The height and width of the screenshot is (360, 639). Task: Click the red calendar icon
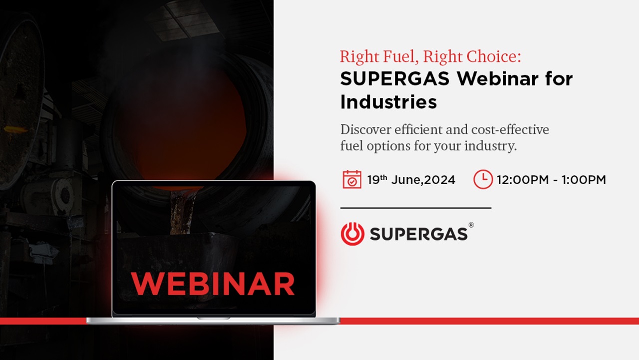coord(352,179)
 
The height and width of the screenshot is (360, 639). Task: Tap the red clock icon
coord(483,179)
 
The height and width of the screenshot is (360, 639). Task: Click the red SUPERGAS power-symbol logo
coord(352,234)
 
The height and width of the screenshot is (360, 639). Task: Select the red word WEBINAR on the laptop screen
coord(213,284)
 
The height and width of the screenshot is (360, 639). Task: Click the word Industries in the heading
coord(388,102)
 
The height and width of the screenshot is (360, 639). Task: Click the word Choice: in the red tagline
coord(494,56)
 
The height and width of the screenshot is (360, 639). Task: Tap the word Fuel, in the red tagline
coord(401,57)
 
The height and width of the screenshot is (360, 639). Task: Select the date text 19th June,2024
coord(411,180)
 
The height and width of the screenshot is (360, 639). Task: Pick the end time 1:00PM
coord(584,180)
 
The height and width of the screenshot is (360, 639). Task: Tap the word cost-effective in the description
coord(510,129)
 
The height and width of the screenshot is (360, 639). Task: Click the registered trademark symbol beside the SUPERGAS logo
coord(471,225)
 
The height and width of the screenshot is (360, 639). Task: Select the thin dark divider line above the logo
coord(416,208)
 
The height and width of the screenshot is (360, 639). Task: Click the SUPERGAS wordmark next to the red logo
coord(418,234)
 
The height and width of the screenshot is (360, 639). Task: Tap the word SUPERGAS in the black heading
coord(395,78)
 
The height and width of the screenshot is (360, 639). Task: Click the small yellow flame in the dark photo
coord(16,130)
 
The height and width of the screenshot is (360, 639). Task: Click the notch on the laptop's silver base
coord(213,319)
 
